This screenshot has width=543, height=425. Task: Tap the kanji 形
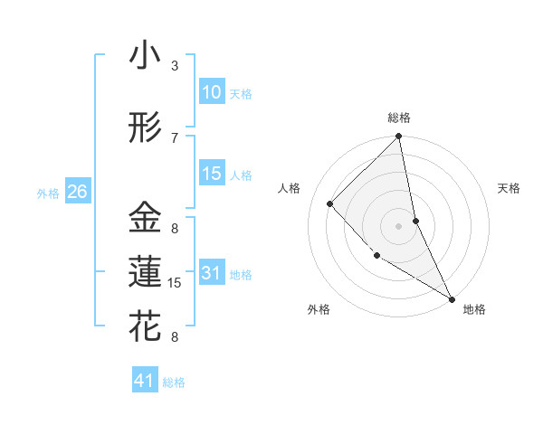145,127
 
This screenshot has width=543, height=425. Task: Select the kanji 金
145,218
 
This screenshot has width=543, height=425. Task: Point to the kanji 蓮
145,272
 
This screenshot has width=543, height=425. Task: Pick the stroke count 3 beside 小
175,66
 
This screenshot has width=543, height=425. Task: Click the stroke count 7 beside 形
175,138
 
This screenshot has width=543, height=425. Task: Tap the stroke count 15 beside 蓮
176,283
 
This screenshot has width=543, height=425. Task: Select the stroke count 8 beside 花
175,337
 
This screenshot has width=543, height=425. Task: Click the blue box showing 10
212,92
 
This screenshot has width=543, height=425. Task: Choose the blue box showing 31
212,273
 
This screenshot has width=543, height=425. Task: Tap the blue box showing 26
77,192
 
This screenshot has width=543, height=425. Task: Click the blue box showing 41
145,381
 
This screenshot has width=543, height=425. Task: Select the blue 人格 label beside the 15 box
241,175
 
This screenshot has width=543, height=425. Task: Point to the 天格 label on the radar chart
510,188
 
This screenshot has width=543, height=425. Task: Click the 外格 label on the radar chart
319,309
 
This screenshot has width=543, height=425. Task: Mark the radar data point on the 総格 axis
399,137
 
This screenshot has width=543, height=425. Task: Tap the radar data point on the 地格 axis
452,297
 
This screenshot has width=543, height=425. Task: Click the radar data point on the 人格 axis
330,203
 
